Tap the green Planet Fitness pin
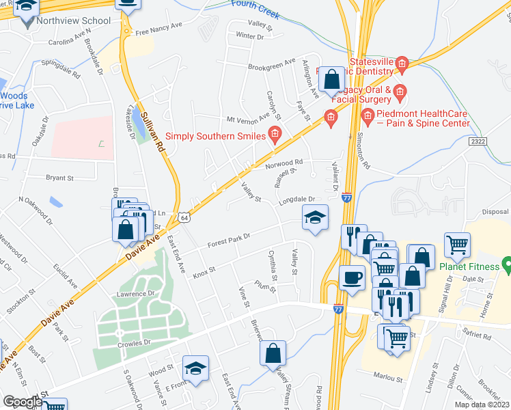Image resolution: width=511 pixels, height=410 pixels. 507,263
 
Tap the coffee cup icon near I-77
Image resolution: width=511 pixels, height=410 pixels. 353,277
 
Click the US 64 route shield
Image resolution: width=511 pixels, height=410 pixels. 184,217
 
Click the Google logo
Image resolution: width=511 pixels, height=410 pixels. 22,402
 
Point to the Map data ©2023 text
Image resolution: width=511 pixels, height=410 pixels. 482,405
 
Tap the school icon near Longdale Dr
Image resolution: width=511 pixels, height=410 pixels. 314,218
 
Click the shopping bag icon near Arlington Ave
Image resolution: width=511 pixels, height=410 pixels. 331,79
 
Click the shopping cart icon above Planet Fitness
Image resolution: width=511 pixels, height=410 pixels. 457,243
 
